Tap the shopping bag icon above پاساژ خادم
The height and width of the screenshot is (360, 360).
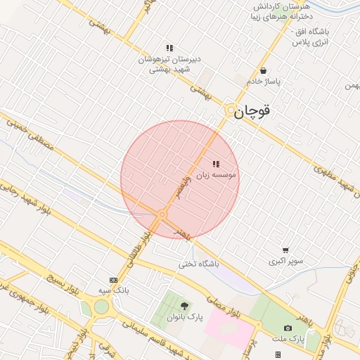pos(263,71)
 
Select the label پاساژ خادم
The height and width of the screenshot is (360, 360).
pos(263,82)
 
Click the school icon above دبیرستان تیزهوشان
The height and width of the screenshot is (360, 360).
pos(169,48)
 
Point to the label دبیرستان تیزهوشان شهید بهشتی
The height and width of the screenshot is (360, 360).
pos(169,65)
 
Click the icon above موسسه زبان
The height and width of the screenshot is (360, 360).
pos(215,164)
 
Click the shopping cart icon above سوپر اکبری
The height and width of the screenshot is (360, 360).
pos(285,250)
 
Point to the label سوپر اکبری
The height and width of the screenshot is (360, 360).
pos(285,261)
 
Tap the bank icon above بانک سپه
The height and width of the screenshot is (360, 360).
pos(113,280)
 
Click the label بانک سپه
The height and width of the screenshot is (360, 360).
pos(113,290)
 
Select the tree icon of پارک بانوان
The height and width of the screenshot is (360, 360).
pos(184,306)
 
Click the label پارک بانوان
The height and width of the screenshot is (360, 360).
pos(184,316)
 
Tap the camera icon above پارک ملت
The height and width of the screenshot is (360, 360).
pos(288,328)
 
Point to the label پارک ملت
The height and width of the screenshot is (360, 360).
pos(288,339)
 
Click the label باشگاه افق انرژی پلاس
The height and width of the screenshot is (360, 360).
pos(310,37)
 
